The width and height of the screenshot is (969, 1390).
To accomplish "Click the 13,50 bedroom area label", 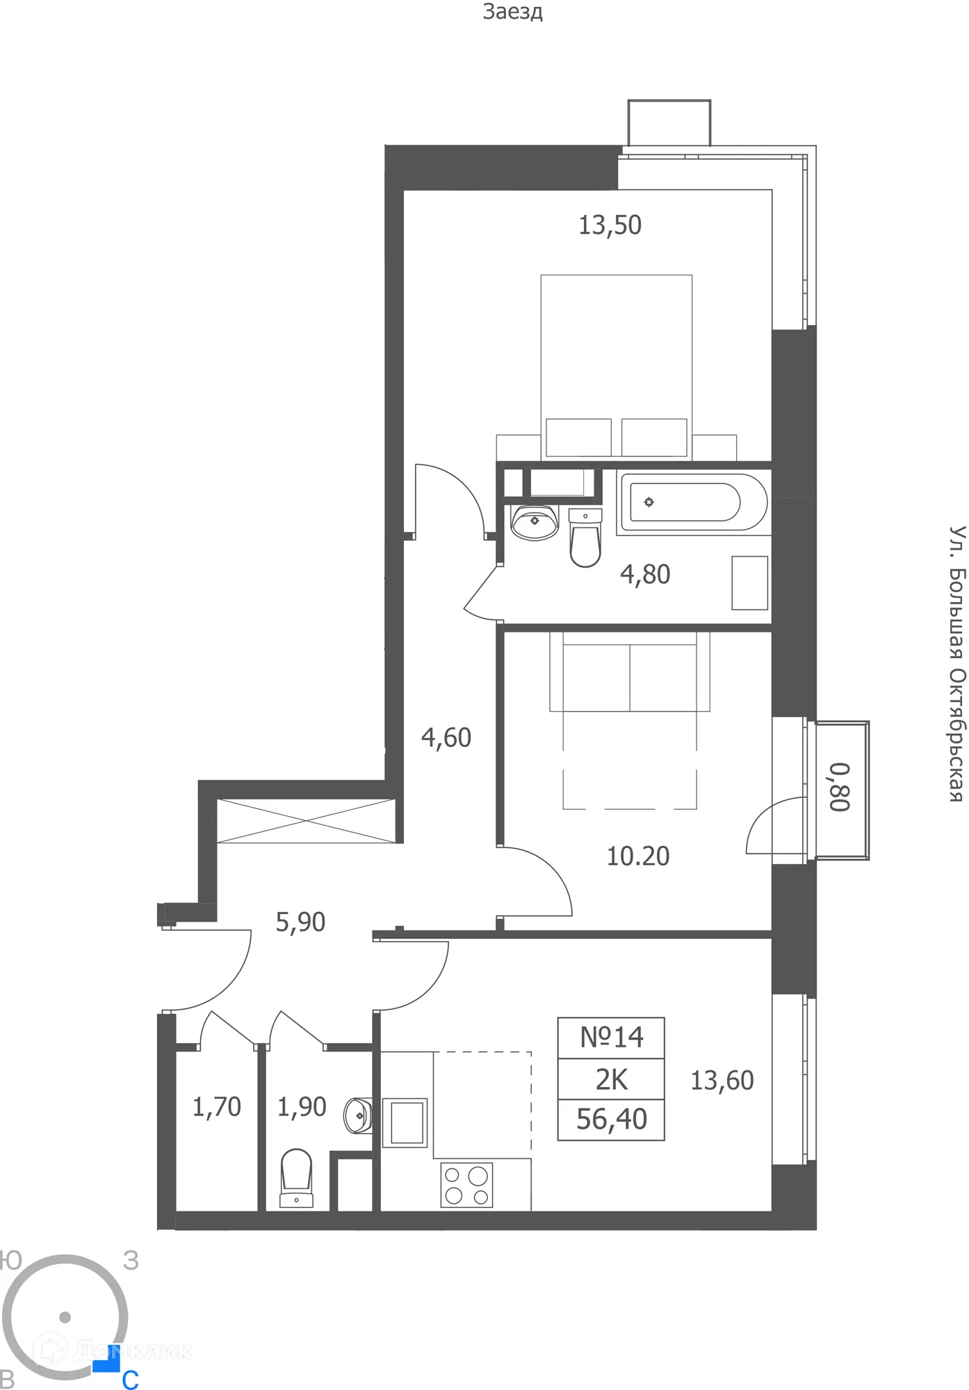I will coord(610,225).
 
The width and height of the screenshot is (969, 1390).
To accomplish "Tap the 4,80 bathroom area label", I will coord(645,575).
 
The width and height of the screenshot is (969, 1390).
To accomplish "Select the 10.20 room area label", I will coord(637,856).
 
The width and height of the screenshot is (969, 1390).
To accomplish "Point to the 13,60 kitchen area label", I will coord(722,1081).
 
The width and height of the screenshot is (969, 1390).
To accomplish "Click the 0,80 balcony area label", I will coord(840,787).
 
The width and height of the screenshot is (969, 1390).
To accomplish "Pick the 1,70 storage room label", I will coord(216,1107).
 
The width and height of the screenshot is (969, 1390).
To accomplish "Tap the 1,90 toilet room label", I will coord(301,1107).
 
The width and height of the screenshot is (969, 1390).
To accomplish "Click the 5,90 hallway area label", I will coord(300,922).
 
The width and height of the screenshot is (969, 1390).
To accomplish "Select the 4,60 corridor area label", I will coord(446,737).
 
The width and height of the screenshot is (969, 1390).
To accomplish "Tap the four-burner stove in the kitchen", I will coord(466,1185).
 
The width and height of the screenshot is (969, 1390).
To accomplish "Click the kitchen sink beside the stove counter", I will coord(405,1122).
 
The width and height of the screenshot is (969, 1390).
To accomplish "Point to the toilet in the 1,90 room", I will coord(296,1178).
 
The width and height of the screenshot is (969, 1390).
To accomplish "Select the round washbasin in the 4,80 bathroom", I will coord(534,521).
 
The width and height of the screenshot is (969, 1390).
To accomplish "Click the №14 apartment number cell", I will coord(611,1038).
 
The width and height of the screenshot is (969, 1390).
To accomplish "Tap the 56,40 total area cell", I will coord(611,1120).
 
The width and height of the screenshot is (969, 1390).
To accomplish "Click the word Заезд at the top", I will coord(512,12).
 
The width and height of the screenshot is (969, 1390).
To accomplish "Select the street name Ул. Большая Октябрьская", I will coord(957,663).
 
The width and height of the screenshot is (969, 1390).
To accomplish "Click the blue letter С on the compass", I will coord(130,1380).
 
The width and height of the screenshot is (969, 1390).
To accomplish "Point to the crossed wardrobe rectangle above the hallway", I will coord(306,821).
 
